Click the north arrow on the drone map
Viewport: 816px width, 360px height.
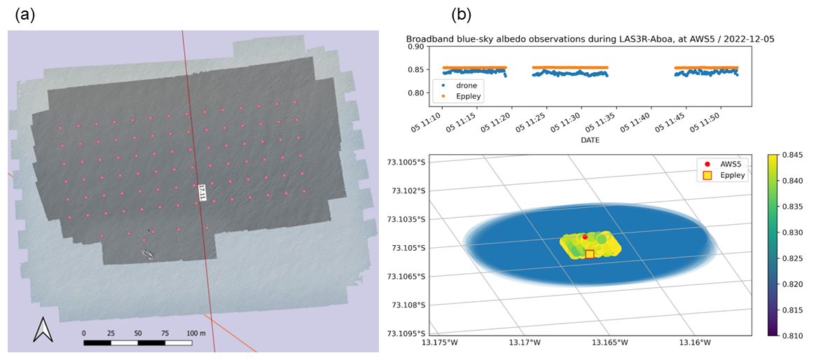coord(41,329)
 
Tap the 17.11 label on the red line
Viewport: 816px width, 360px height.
coord(202,191)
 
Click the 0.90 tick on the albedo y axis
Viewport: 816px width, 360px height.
coord(415,48)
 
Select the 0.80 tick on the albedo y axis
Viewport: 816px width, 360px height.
coord(415,93)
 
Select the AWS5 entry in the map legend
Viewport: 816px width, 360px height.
coord(727,165)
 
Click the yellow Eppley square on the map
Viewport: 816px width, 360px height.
coord(590,254)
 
